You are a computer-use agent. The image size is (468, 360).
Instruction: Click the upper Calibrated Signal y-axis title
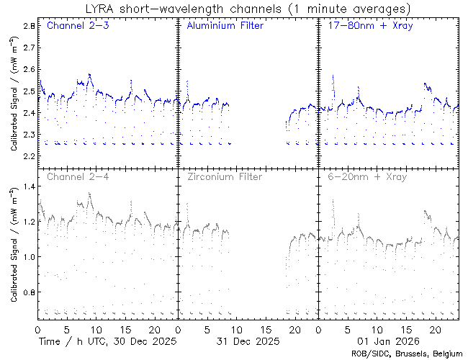point(14,91)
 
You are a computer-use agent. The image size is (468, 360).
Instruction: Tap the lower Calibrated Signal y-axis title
point(14,243)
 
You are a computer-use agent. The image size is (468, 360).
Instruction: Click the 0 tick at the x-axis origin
point(37,328)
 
